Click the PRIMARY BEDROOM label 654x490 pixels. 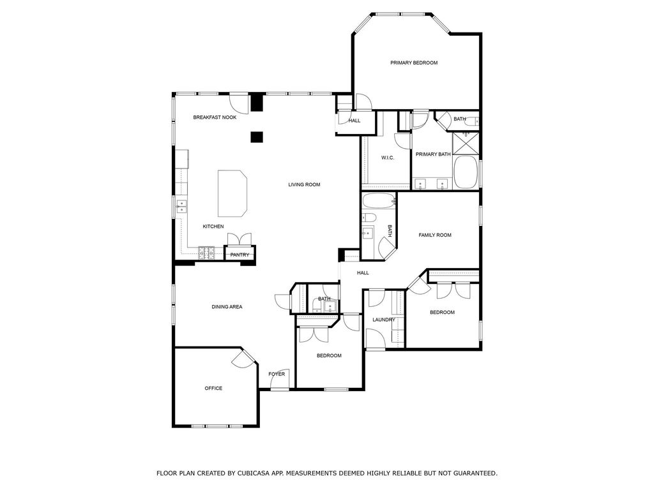pyautogui.click(x=414, y=63)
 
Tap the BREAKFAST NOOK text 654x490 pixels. pyautogui.click(x=215, y=117)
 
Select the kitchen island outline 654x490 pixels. pyautogui.click(x=232, y=193)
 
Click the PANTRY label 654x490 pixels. pyautogui.click(x=240, y=255)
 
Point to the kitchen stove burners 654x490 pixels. pyautogui.click(x=206, y=253)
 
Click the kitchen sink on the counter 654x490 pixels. pyautogui.click(x=182, y=207)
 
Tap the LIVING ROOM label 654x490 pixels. pyautogui.click(x=304, y=184)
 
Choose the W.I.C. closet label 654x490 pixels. pyautogui.click(x=388, y=158)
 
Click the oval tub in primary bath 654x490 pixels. pyautogui.click(x=466, y=172)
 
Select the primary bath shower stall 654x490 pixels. pyautogui.click(x=466, y=142)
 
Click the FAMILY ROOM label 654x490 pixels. pyautogui.click(x=435, y=235)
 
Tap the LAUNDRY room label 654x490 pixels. pyautogui.click(x=384, y=320)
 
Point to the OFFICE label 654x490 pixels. pyautogui.click(x=213, y=389)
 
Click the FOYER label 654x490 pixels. pyautogui.click(x=277, y=374)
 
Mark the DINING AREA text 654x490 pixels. pyautogui.click(x=227, y=307)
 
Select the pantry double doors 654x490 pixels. pyautogui.click(x=240, y=240)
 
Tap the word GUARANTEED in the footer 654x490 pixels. pyautogui.click(x=475, y=473)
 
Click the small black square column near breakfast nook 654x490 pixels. pyautogui.click(x=257, y=137)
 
